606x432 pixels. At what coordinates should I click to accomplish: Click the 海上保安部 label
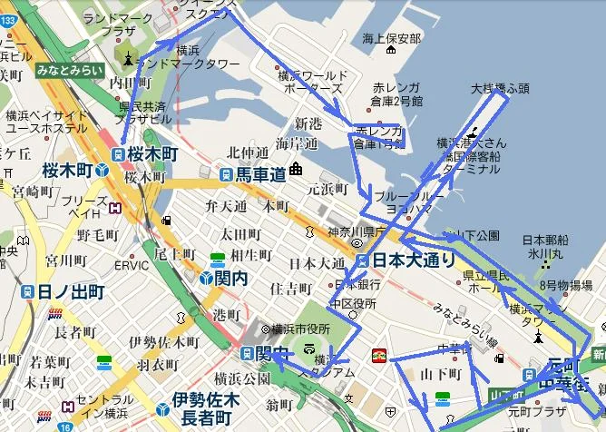pyautogui.click(x=391, y=39)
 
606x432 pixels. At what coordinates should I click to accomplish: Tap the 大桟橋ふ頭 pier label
pyautogui.click(x=499, y=90)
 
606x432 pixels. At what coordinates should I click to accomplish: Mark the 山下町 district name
pyautogui.click(x=442, y=374)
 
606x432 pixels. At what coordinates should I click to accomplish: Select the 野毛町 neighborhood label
pyautogui.click(x=97, y=235)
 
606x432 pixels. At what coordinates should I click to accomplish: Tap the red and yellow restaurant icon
pyautogui.click(x=380, y=354)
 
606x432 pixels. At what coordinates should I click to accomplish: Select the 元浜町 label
pyautogui.click(x=327, y=189)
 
